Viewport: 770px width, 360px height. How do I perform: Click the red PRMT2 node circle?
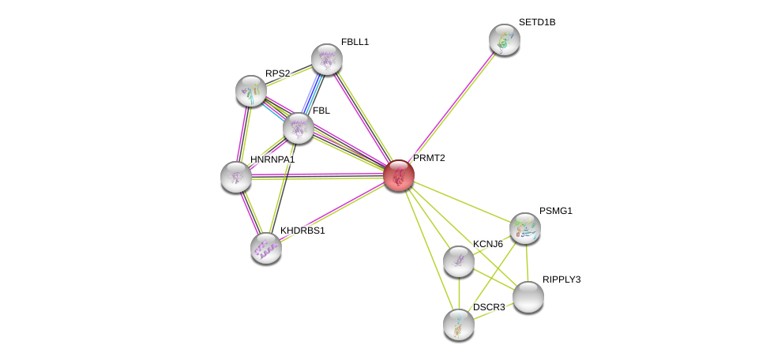click(399, 175)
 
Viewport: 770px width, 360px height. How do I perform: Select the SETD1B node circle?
click(504, 39)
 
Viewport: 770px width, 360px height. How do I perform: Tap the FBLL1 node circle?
click(326, 59)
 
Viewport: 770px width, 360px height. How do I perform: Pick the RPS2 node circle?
click(251, 91)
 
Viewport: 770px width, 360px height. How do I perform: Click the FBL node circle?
click(299, 128)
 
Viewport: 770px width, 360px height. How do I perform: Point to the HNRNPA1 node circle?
click(236, 177)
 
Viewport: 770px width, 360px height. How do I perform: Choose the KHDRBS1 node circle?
click(266, 248)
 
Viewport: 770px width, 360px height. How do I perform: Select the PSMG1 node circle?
click(524, 228)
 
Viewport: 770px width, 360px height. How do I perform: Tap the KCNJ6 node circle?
click(459, 261)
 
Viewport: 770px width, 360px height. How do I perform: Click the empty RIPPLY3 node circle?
click(528, 297)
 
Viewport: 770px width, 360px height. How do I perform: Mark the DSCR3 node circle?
click(459, 324)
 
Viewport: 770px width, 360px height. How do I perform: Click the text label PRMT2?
click(429, 158)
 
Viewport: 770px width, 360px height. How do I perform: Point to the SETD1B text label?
click(537, 22)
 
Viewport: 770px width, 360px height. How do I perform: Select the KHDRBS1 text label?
click(302, 231)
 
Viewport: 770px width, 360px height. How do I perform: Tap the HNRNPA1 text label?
click(272, 159)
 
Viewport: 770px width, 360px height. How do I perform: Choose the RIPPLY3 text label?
click(562, 279)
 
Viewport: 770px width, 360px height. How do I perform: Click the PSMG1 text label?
click(556, 211)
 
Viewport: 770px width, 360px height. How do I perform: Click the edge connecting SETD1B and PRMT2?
click(452, 107)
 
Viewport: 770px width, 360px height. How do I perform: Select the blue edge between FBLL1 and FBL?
click(313, 93)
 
